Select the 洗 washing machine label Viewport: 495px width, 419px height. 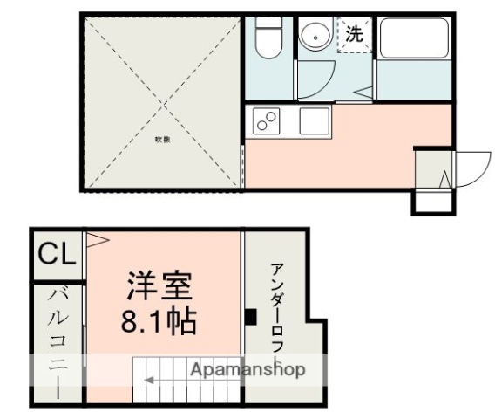354,36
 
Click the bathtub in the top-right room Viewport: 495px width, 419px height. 413,42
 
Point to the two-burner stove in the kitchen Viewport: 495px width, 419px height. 266,120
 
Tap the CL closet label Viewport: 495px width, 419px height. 57,255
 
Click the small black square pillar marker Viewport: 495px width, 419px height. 250,317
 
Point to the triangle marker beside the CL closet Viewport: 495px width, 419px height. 94,237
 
